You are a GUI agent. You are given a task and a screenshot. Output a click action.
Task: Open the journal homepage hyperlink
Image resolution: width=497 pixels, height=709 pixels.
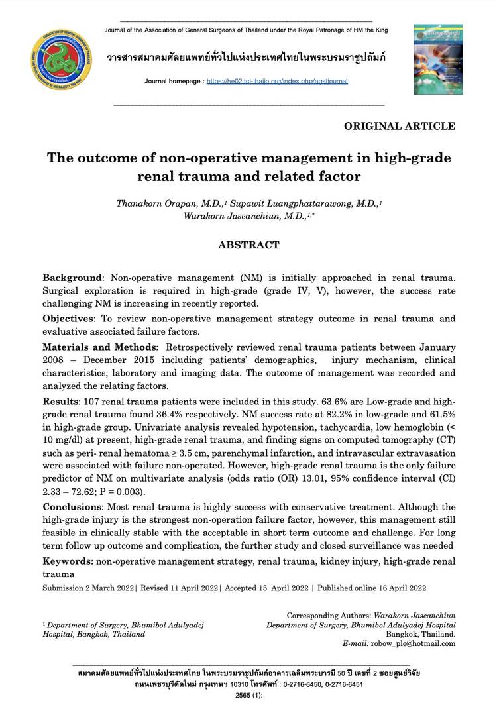[276, 82]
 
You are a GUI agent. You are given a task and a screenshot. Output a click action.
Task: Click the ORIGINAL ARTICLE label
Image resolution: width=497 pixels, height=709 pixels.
[399, 126]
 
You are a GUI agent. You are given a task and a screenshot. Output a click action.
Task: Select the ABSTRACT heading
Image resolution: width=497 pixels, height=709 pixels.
[248, 245]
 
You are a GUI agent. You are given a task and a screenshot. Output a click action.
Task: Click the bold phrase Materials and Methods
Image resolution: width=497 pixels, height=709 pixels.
[100, 347]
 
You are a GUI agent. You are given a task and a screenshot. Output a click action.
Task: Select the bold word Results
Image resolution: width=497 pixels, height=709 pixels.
[60, 402]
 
